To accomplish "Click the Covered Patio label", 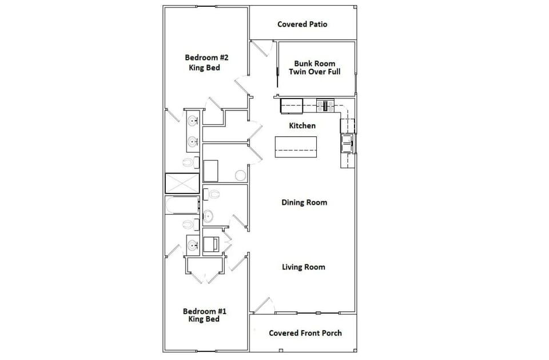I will pos(302,24).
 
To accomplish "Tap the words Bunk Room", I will pos(315,63).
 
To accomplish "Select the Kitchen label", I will pos(302,125).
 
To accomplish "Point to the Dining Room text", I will pos(304,202).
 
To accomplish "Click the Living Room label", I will pos(303,267).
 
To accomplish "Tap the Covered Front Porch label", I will pos(305,333).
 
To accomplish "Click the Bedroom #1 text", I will pos(204,311).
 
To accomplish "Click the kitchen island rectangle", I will pos(296,147).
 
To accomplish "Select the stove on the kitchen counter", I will pos(325,105).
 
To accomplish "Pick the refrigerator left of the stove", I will pos(291,105).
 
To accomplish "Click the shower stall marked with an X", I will pos(182,183).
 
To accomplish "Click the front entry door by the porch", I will pos(262,306).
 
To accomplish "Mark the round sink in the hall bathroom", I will pos(208,216).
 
